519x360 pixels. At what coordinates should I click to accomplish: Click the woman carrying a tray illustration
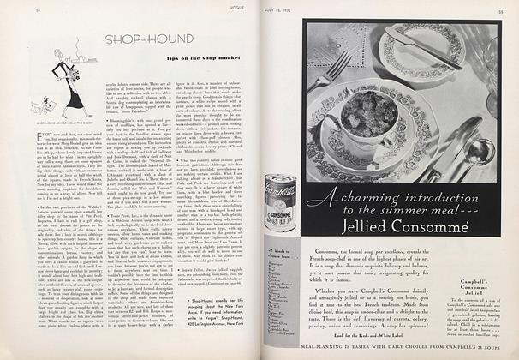point(60,95)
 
